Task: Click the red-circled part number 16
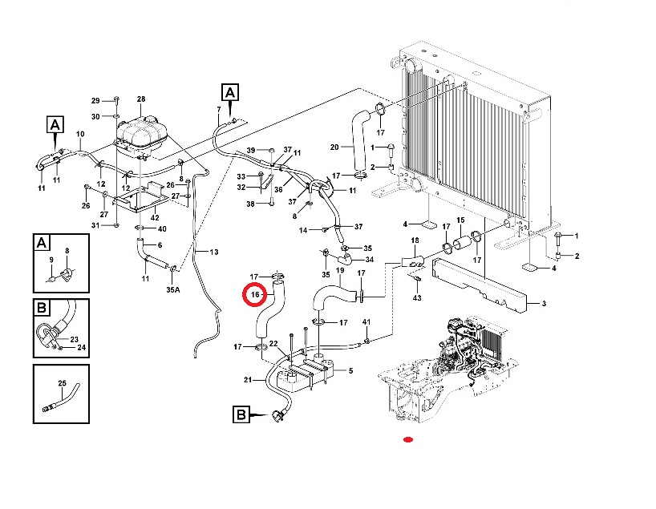point(255,295)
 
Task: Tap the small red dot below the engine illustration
point(408,439)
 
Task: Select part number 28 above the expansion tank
point(141,99)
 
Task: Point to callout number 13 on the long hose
point(214,252)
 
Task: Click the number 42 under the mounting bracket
point(155,217)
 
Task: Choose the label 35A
point(172,289)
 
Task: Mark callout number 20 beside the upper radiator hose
point(334,147)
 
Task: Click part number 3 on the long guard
point(544,304)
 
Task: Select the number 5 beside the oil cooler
point(350,370)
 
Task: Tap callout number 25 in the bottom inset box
point(62,383)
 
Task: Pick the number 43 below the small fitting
point(417,298)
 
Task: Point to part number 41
point(366,322)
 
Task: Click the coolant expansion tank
point(141,136)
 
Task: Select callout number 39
point(250,150)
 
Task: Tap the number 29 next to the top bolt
point(95,101)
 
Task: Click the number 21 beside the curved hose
point(248,380)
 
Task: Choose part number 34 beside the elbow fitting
point(370,260)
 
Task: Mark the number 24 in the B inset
point(82,347)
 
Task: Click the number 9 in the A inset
point(51,260)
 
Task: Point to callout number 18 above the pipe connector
point(415,240)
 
